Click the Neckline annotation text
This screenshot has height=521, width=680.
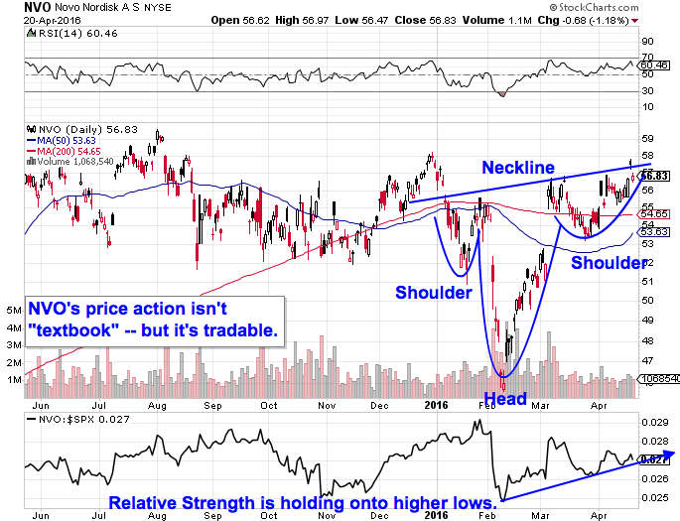click(518, 168)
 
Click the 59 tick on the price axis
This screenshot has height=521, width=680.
click(648, 139)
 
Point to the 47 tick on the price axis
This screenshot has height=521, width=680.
click(648, 362)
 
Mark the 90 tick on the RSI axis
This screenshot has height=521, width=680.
click(648, 42)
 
